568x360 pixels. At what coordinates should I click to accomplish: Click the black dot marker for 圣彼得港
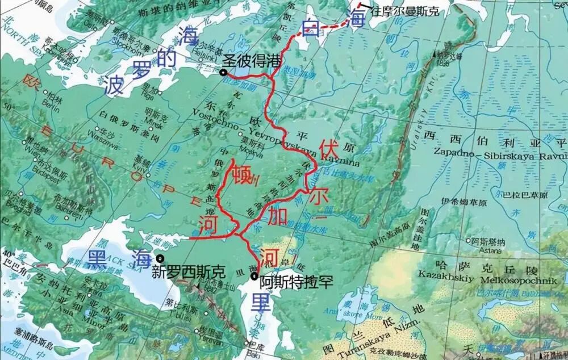tap(224, 72)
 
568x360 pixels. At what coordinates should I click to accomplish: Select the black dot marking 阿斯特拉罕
tap(253, 276)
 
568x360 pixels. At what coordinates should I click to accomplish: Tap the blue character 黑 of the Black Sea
tap(98, 259)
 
